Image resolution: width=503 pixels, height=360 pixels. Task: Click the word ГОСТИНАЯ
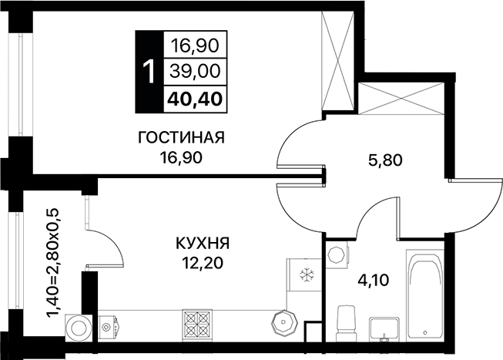[x=181, y=137]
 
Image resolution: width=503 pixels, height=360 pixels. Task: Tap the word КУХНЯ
[x=203, y=244]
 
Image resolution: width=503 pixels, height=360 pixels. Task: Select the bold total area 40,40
[x=195, y=99]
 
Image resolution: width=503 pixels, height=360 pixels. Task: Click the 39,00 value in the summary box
[x=195, y=71]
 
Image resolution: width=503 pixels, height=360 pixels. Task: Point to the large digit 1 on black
[x=149, y=72]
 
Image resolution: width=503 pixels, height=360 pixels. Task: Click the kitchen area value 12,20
[x=203, y=264]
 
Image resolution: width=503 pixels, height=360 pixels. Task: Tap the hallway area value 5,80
[x=385, y=160]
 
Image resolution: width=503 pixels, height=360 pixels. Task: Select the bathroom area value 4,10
[x=374, y=280]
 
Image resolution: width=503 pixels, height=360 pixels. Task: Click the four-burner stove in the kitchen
[x=197, y=325]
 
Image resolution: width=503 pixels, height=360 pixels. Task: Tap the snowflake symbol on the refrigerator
[x=307, y=274]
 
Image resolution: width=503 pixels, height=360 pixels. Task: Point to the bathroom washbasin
[x=384, y=329]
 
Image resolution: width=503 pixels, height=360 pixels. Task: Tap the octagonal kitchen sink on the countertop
[x=284, y=322]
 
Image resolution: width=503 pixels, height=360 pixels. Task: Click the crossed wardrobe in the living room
[x=337, y=62]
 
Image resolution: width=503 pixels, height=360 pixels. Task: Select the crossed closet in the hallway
[x=401, y=98]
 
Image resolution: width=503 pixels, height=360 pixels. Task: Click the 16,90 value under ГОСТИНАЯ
[x=181, y=158]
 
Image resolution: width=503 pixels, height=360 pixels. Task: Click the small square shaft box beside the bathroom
[x=313, y=331]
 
